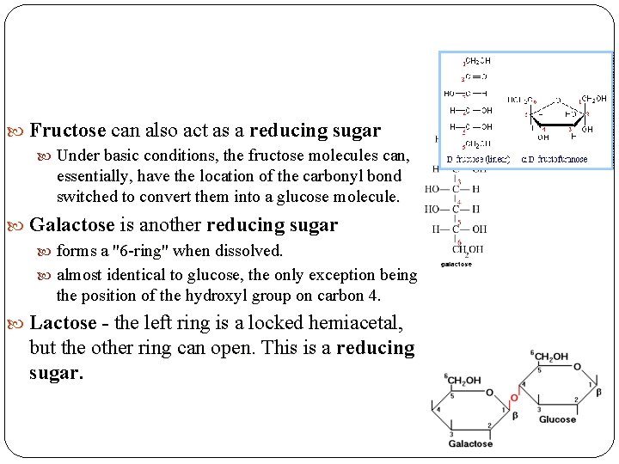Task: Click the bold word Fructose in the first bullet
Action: (68, 131)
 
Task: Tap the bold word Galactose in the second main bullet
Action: (71, 225)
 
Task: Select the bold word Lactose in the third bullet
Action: (63, 323)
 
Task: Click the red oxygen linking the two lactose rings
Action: (514, 398)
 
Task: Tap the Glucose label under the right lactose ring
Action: (556, 419)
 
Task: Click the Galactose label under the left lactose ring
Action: (470, 444)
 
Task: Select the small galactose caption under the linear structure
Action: (456, 265)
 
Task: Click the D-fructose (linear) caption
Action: (479, 159)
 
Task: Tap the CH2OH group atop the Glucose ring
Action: (550, 357)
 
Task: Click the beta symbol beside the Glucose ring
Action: (598, 392)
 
